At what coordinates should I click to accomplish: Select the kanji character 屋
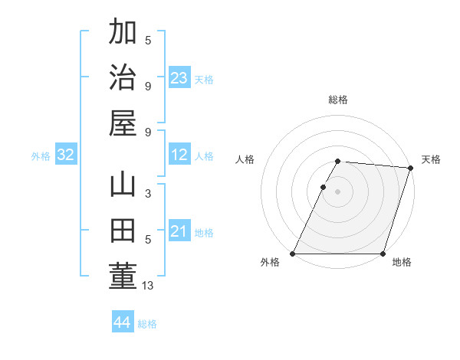click(123, 122)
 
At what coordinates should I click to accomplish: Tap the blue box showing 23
click(179, 78)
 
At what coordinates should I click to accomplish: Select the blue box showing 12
click(179, 155)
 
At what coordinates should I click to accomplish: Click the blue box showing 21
click(179, 232)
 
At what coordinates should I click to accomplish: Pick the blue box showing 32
click(66, 155)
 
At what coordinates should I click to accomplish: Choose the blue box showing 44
click(122, 322)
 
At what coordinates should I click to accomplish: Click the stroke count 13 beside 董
click(148, 286)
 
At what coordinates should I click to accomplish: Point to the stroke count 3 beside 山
click(148, 194)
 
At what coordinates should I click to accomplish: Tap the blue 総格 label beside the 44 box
click(148, 324)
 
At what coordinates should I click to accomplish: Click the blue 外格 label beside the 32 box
click(41, 156)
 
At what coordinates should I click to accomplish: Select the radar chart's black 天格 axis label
click(431, 159)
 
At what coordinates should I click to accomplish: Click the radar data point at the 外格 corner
click(293, 254)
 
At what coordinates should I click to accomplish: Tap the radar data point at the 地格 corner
click(383, 254)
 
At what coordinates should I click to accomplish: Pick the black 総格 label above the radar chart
click(338, 100)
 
